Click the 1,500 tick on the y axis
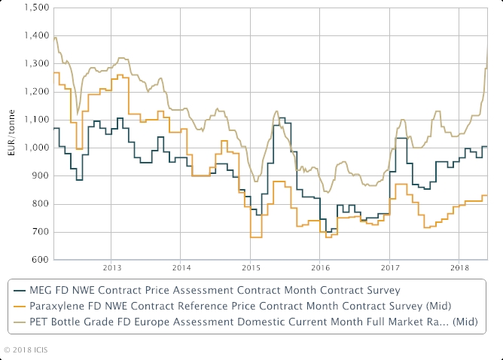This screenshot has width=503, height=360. coord(36,8)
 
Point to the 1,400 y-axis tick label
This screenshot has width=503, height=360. coord(36,36)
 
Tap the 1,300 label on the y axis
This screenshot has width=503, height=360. coord(36,64)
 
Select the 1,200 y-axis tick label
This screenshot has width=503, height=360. coord(36,92)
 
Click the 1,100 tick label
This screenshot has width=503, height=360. coord(36,120)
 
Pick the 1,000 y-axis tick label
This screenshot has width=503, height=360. coord(36,148)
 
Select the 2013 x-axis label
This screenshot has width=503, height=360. coord(111,268)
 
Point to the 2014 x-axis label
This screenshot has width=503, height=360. coord(181,268)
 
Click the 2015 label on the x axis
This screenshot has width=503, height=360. coord(251,268)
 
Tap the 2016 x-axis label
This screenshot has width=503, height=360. coord(321,268)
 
